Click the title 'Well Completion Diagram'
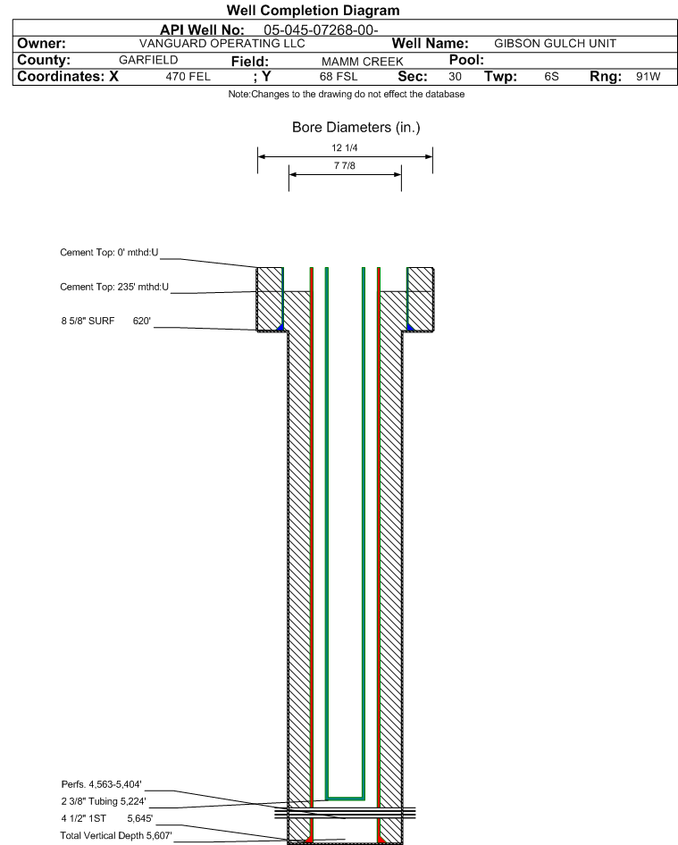coord(314,10)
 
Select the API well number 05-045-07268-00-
coord(321,30)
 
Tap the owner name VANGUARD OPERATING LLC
coord(222,44)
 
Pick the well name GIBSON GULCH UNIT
coord(555,44)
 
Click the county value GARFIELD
coord(148,60)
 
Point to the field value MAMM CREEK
coord(362,62)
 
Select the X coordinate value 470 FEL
coord(188,77)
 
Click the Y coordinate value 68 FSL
coord(339,77)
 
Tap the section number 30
coord(455,77)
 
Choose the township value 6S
coord(551,77)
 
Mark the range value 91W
coord(648,77)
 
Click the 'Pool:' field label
coord(466,60)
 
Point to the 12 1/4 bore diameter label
coord(345,147)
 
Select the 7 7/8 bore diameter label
coord(345,165)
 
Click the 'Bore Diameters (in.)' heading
coord(356,128)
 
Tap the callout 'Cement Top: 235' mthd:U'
coord(114,287)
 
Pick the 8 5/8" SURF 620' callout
coord(105,321)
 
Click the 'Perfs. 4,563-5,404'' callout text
coord(101,784)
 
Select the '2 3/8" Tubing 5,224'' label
coord(104,801)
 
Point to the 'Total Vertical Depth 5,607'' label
coord(116,836)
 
